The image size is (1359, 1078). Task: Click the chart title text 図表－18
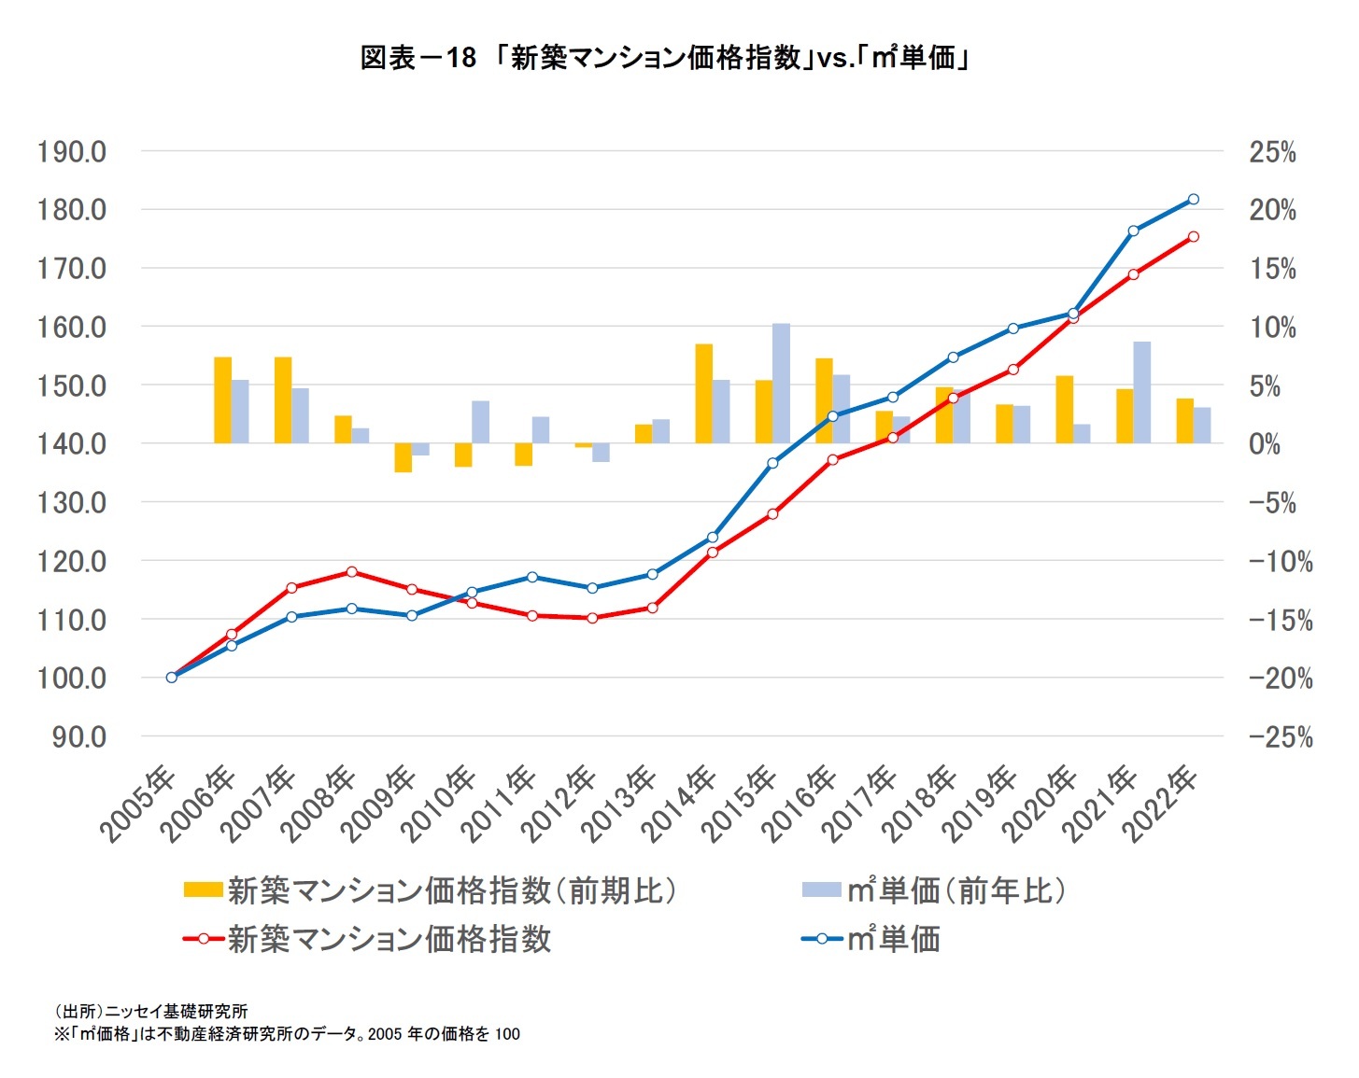coord(418,58)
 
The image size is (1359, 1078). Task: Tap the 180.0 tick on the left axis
coord(71,210)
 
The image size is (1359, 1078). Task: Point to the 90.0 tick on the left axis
coord(78,736)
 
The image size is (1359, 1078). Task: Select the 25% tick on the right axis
coord(1272,152)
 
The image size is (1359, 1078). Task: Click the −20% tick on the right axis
coord(1280,679)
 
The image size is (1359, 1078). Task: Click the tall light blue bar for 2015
coord(781,383)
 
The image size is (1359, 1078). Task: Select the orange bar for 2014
coord(704,393)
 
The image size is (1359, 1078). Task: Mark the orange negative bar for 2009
coord(403,457)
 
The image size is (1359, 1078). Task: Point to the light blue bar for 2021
coord(1141,392)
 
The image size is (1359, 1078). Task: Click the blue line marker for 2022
coord(1193,199)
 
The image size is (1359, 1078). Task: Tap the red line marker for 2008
coord(352,571)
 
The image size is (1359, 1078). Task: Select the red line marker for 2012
coord(592,618)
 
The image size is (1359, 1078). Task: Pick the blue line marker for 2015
coord(772,463)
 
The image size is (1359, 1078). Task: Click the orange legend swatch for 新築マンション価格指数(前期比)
coord(203,890)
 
